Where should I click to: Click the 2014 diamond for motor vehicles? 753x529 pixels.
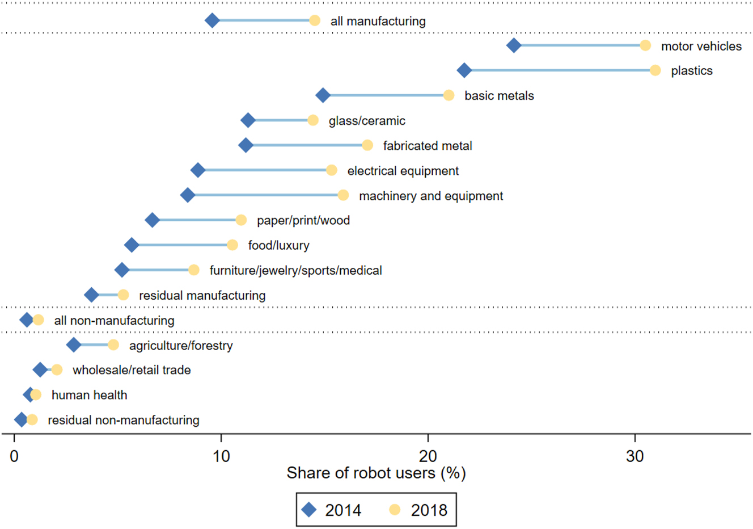coord(514,45)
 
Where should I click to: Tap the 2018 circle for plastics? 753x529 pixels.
coord(655,70)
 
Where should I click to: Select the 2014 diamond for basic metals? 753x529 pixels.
coord(323,95)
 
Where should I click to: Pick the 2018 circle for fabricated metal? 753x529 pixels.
coord(367,145)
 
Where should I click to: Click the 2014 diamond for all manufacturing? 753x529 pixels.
coord(212,21)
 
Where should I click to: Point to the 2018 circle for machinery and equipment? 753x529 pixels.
coord(343,195)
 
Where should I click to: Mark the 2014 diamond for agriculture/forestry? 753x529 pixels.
coord(73,345)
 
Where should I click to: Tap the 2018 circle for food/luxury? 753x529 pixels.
coord(232,245)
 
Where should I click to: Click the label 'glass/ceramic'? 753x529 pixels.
coord(367,121)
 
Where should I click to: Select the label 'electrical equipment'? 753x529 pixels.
coord(403,171)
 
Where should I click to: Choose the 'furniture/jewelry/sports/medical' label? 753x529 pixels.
coord(295,271)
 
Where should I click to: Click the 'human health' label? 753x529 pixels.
coord(89,395)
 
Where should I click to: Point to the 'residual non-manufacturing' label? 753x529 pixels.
coord(124,420)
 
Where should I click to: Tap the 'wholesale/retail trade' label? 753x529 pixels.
coord(132,370)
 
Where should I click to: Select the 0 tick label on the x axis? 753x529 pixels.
coord(14,456)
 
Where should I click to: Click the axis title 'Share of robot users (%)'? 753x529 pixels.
coord(376,473)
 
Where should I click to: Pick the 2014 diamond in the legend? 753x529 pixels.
coord(309,510)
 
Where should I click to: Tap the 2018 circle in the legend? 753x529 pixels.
coord(395,510)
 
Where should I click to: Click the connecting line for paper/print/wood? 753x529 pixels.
coord(196,220)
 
